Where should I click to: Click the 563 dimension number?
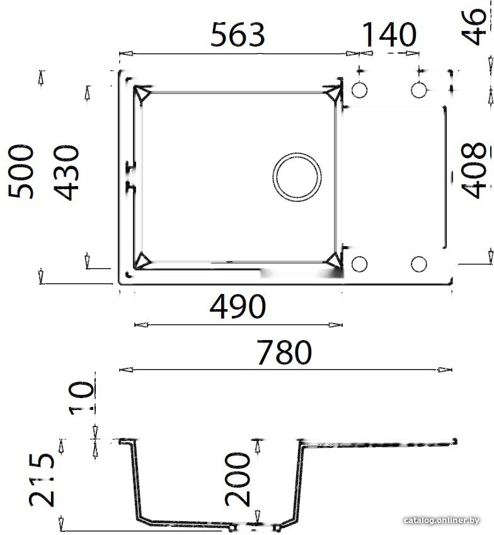tap(238, 35)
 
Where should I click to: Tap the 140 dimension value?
tap(389, 35)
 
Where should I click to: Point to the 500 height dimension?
tap(21, 172)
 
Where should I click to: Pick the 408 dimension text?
tap(474, 170)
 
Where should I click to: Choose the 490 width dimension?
tap(238, 306)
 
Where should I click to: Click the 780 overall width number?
tap(284, 352)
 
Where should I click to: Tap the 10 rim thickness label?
tap(81, 398)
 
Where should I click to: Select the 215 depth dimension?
tap(42, 479)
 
